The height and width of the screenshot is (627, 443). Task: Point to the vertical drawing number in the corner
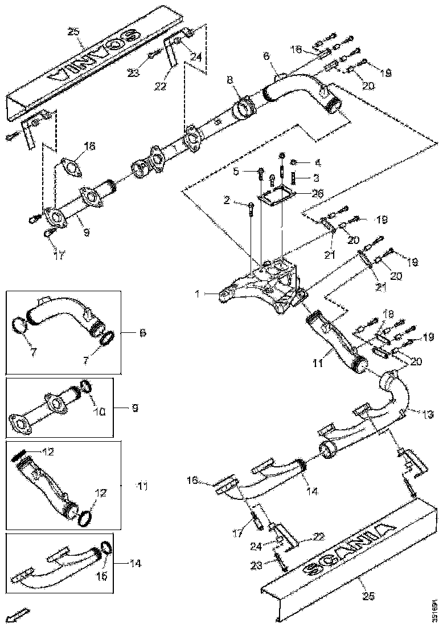tap(434, 604)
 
